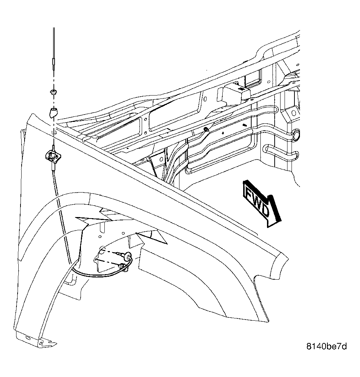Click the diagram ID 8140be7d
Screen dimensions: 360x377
tap(327, 346)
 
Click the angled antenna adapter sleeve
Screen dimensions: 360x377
tap(53, 112)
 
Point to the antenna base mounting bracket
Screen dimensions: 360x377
tap(52, 155)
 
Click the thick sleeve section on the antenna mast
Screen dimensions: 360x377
tap(53, 63)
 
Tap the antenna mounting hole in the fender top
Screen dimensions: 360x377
tap(54, 132)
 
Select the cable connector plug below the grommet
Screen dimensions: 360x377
tap(123, 266)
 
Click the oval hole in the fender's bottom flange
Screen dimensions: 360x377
tap(28, 338)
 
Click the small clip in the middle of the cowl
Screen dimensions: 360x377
tap(206, 130)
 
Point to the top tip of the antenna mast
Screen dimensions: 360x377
tap(54, 28)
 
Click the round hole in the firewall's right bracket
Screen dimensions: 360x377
tap(293, 113)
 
